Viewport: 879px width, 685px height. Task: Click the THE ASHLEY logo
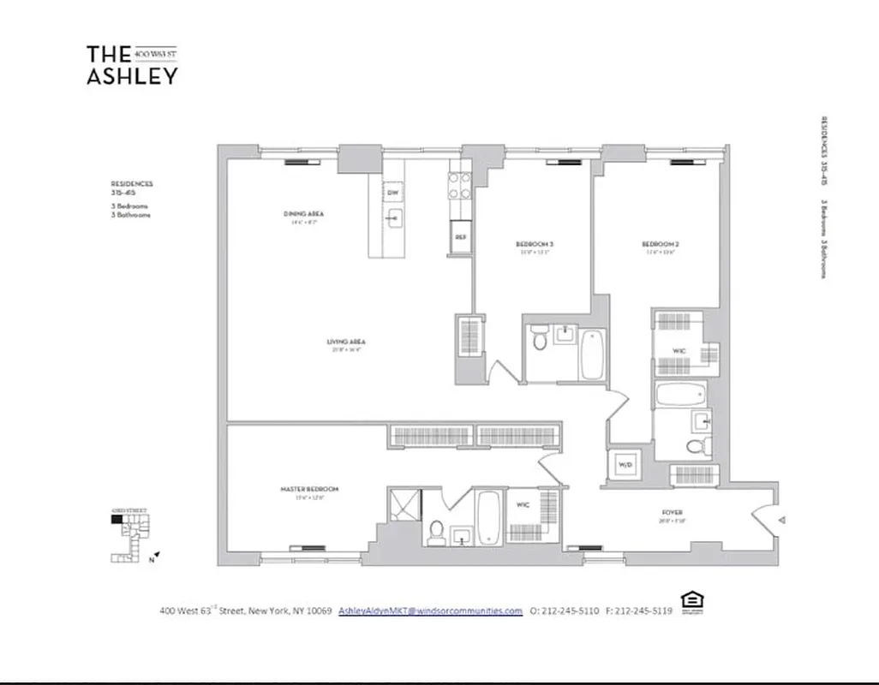click(x=132, y=65)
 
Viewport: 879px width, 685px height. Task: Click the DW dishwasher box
click(x=392, y=194)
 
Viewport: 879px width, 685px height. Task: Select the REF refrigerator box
click(x=460, y=237)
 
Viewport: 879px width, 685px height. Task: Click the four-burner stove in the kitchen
click(x=460, y=186)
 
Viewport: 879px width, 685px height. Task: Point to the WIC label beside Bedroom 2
click(x=679, y=351)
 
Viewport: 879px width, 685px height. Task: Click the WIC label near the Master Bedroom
click(x=523, y=506)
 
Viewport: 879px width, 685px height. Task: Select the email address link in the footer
click(x=430, y=611)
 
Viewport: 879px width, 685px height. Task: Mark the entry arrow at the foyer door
click(x=780, y=519)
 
